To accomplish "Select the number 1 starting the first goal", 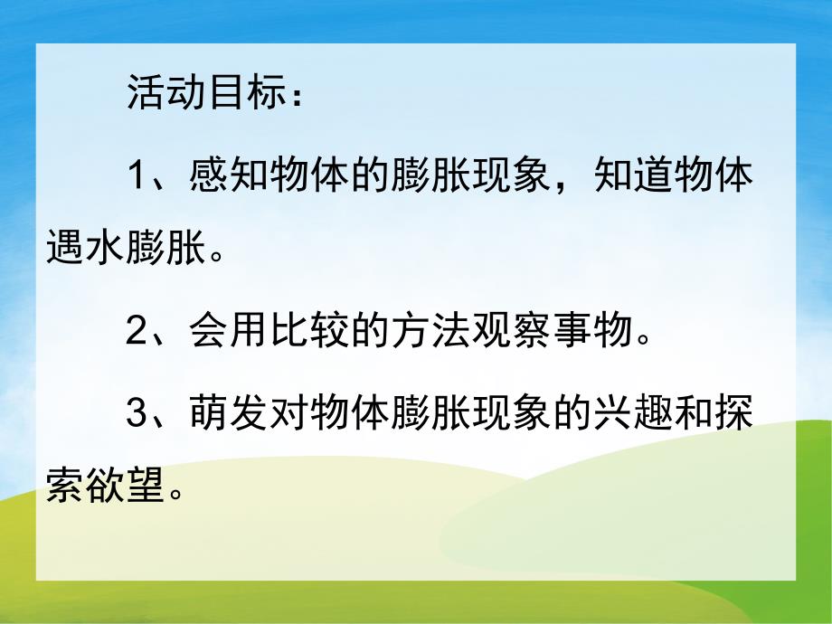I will [x=136, y=175].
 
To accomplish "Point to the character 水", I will [x=106, y=245].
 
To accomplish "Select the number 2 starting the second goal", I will [x=136, y=334].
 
